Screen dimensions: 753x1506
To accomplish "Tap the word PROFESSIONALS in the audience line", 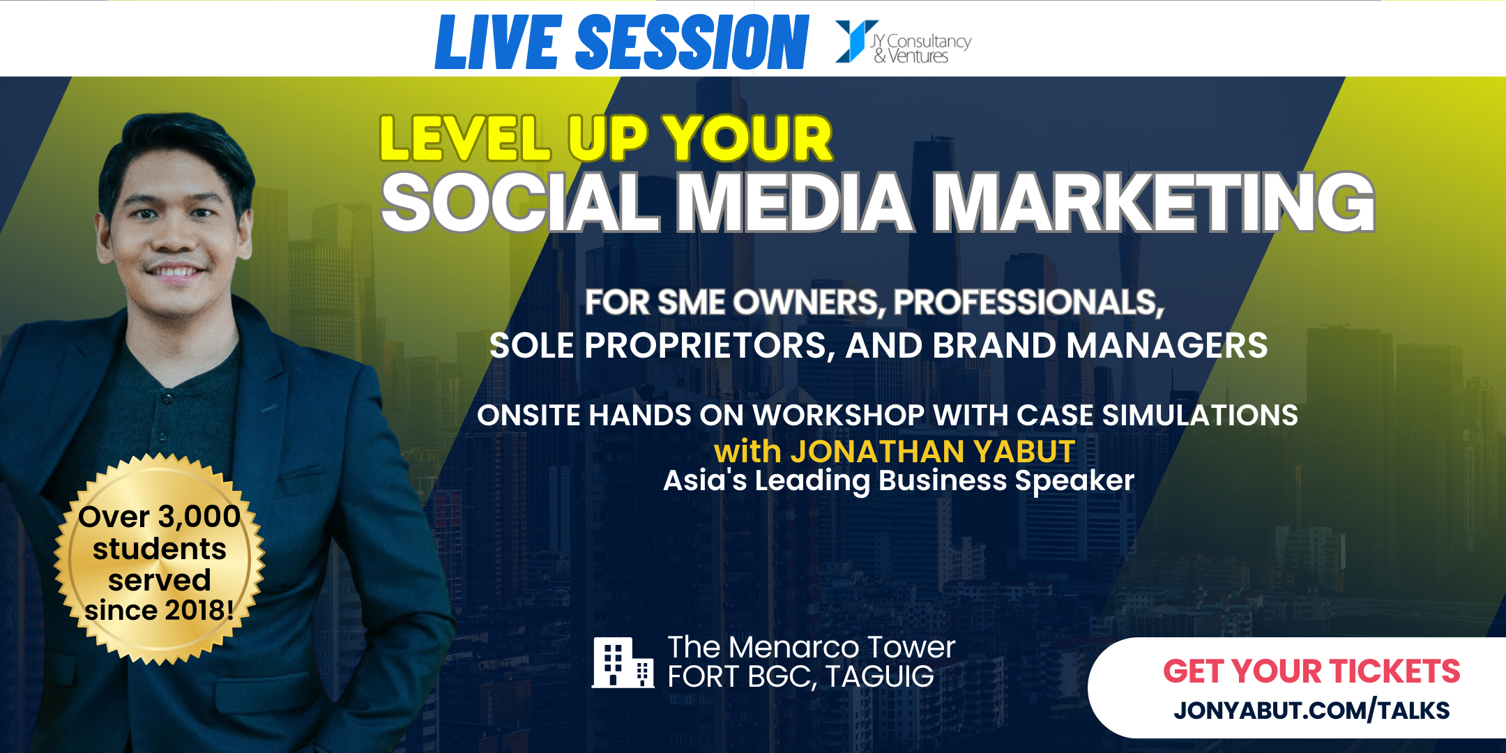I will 1028,303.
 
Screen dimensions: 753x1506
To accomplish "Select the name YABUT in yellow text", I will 1024,452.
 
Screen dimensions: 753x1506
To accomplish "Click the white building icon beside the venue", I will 622,662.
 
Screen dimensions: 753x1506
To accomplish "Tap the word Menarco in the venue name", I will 798,647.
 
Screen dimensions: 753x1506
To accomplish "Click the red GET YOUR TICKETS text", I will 1311,671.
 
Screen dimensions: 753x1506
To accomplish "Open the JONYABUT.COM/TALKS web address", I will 1311,710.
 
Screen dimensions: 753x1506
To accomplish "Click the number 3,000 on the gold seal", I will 199,517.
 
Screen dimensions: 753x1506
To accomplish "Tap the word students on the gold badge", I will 160,549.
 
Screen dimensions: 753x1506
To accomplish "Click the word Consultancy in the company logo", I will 929,42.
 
